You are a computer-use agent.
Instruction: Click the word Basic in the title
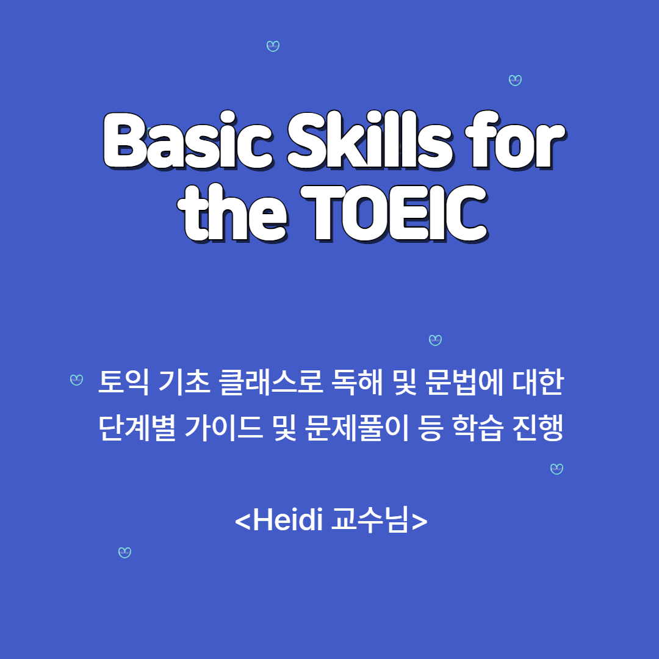[x=188, y=141]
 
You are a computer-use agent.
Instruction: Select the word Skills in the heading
[x=370, y=140]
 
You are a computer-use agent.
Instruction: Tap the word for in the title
[x=515, y=140]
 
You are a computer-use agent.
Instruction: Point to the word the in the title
[x=232, y=213]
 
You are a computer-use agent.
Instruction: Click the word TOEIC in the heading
[x=394, y=214]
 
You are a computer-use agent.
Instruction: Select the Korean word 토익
[x=123, y=382]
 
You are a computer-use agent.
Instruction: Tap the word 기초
[x=184, y=382]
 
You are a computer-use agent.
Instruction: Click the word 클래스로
[x=271, y=382]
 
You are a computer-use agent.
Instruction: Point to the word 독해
[x=357, y=382]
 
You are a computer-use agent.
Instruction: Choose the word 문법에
[x=464, y=382]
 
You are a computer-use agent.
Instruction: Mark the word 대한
[x=538, y=382]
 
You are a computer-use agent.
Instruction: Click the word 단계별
[x=137, y=428]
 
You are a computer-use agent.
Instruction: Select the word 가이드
[x=224, y=428]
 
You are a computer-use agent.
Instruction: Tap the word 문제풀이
[x=357, y=428]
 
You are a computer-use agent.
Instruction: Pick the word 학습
[x=477, y=428]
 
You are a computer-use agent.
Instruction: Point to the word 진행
[x=538, y=428]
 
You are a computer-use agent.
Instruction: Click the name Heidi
[x=288, y=519]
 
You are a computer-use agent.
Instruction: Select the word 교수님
[x=370, y=520]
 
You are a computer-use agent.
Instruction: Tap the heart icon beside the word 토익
[x=76, y=380]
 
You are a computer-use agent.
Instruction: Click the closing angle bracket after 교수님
[x=419, y=521]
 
